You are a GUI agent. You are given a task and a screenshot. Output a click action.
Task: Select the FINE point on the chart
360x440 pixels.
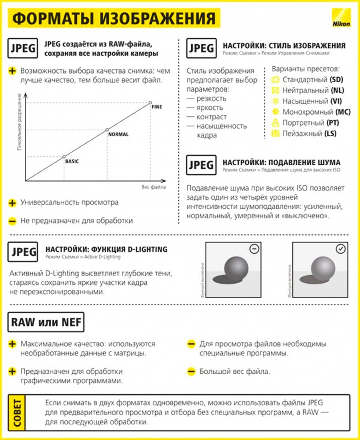(150, 103)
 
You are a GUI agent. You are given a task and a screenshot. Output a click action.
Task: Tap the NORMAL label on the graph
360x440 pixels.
(118, 134)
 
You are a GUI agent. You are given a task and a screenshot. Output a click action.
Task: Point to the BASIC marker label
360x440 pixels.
(72, 161)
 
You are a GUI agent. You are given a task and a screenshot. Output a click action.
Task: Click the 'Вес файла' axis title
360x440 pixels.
(153, 186)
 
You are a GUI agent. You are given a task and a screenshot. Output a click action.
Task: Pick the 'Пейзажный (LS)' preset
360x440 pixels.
(309, 134)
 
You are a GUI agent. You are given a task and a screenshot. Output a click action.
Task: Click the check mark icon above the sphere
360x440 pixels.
(340, 249)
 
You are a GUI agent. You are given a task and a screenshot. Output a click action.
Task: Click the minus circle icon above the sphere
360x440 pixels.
(254, 249)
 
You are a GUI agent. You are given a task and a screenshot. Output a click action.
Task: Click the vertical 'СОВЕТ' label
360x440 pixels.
(17, 412)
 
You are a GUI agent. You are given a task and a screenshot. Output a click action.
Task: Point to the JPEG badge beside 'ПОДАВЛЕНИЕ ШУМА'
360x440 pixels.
(201, 165)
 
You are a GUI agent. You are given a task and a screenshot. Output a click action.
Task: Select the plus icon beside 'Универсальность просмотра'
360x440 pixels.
(12, 203)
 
